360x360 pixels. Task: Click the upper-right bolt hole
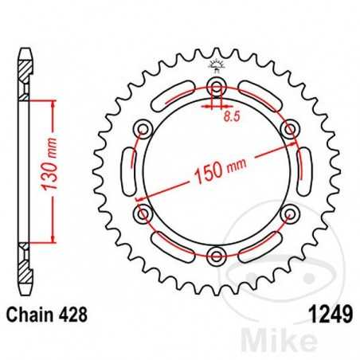coord(290,129)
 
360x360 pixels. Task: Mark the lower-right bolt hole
coord(290,213)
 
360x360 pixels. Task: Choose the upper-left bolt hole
coord(143,129)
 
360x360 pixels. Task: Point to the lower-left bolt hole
coord(143,213)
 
